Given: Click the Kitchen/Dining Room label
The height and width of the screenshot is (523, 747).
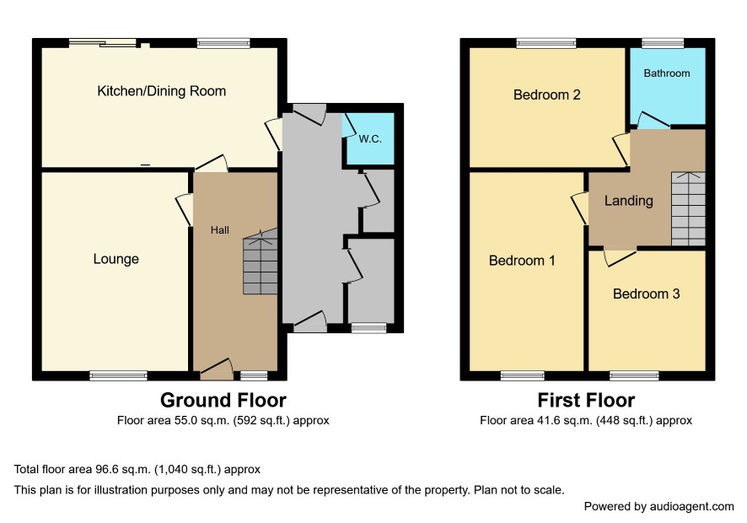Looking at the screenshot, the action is (x=162, y=91).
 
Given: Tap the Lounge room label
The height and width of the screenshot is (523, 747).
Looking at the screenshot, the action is (x=116, y=259).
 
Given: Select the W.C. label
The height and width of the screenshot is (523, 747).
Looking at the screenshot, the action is (x=370, y=138).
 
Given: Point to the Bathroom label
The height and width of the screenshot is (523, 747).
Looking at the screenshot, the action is (x=667, y=73).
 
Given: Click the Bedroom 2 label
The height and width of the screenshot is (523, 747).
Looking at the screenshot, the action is (x=547, y=94).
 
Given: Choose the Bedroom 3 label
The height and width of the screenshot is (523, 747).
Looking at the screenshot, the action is (x=646, y=294).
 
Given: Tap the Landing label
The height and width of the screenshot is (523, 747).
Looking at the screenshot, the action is (x=628, y=201).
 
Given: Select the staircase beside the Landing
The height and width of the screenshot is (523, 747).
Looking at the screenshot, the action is (x=688, y=209).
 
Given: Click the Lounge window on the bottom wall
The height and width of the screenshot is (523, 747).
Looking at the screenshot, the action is (x=119, y=376).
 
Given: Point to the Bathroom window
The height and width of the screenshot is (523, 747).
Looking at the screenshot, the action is (x=663, y=43).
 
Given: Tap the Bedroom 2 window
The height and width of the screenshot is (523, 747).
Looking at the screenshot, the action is (x=546, y=43).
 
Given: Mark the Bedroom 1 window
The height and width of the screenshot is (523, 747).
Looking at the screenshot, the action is (x=523, y=376).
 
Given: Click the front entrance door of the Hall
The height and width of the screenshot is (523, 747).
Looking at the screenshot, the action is (x=217, y=370).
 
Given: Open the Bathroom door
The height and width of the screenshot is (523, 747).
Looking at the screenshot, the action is (x=653, y=120).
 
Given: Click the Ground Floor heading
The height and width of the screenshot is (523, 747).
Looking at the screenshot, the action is (x=223, y=401).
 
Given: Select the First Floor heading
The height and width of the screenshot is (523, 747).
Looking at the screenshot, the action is (x=586, y=401).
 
